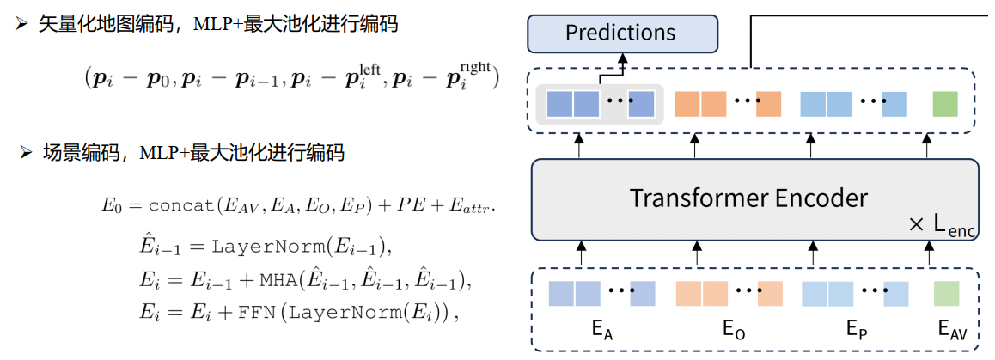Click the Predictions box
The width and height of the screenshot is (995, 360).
tap(620, 34)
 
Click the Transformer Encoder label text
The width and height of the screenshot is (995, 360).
tap(748, 198)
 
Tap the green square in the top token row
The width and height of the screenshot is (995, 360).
tap(944, 104)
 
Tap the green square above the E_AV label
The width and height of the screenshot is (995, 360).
tap(944, 292)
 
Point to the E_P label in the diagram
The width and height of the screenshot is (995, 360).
tap(856, 330)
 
